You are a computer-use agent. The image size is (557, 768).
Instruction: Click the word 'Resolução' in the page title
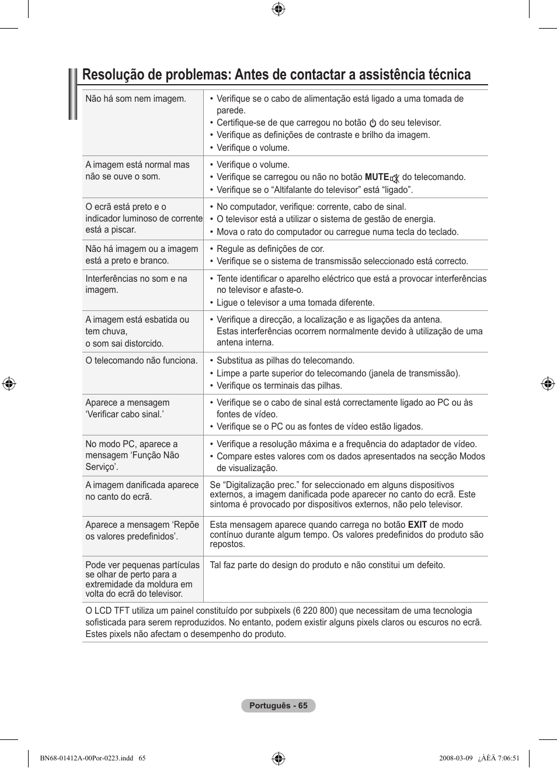[115, 75]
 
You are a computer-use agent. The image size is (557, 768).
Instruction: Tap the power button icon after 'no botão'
[373, 123]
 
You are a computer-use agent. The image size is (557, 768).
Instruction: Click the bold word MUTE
[377, 177]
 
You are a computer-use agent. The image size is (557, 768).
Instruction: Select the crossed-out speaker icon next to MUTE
[395, 178]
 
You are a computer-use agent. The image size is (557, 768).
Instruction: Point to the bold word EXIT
[417, 525]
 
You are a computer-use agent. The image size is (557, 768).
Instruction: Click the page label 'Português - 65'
[278, 705]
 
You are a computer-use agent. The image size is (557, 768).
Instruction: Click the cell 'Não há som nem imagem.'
[135, 99]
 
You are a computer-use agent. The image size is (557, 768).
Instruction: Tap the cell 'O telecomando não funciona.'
[141, 361]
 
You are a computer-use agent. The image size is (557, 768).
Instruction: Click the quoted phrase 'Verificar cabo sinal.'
[124, 414]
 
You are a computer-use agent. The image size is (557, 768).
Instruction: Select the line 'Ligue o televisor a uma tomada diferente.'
[295, 303]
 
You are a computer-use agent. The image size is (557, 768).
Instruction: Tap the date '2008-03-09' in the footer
[455, 758]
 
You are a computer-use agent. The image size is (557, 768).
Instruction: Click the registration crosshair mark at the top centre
[278, 9]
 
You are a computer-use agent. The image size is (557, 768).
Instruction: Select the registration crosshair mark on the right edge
[547, 384]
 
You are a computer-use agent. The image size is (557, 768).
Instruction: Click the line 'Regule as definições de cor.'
[270, 249]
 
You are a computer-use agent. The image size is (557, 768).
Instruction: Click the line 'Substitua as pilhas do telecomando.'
[286, 361]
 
